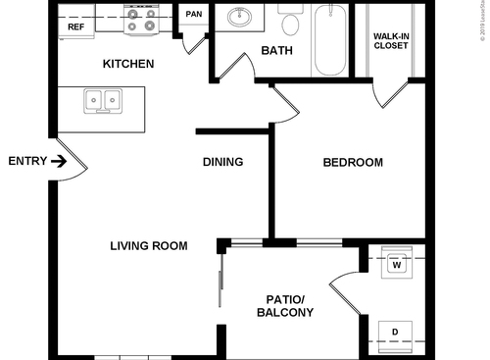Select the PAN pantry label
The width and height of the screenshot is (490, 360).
(x=194, y=15)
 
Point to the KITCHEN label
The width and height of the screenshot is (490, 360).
(x=128, y=65)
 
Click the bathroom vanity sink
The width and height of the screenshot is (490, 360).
(x=239, y=19)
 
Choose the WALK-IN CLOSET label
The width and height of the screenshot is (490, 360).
(x=391, y=41)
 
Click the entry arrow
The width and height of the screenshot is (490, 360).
(x=61, y=162)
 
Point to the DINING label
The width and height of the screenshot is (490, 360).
(x=222, y=162)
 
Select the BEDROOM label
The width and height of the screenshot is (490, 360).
(x=353, y=162)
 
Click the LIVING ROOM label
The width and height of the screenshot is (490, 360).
(x=148, y=245)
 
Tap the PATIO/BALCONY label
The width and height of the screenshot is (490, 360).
(x=284, y=306)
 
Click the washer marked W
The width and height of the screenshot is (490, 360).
(x=397, y=263)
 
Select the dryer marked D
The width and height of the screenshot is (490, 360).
(x=395, y=332)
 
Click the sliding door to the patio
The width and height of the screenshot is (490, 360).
(x=221, y=279)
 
